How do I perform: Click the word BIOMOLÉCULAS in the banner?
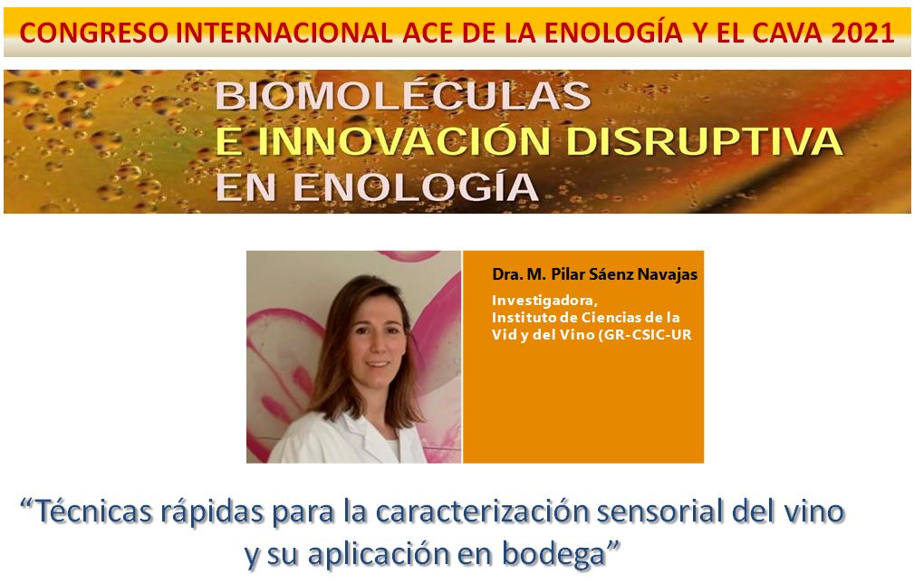pos(403,96)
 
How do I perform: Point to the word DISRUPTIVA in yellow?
pos(704,141)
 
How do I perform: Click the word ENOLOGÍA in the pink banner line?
pos(415,187)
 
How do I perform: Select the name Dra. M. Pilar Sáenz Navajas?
pos(594,274)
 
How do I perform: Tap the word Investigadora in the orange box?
pos(544,301)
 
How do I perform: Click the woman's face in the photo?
pos(377,339)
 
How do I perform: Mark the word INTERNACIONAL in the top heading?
pos(284,32)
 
